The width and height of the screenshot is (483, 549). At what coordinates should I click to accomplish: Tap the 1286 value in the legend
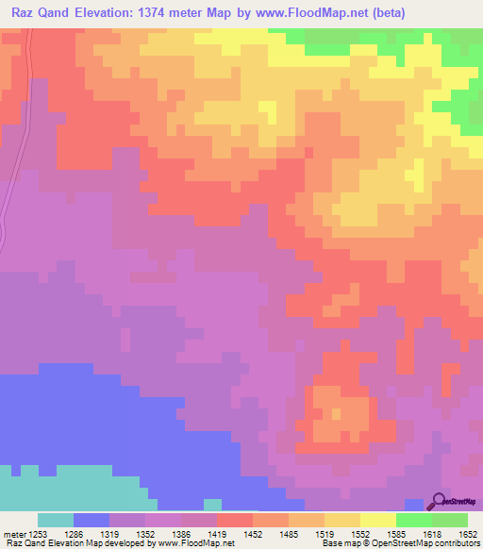coord(75,533)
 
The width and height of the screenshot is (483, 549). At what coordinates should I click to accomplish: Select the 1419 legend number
coord(217,533)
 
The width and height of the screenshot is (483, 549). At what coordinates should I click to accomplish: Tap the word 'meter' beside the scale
coord(14,533)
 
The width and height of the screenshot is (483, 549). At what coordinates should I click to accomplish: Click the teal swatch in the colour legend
coord(55,520)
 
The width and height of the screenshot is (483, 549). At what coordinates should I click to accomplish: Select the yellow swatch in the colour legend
coord(377,520)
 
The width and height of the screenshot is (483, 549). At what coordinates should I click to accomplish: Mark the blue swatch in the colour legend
coord(91,520)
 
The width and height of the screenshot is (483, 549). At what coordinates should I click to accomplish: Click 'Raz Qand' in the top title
coord(37,13)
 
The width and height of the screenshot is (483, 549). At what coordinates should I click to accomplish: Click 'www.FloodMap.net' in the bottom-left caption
coord(195,543)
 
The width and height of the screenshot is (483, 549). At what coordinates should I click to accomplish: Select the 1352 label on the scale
coord(146,533)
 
